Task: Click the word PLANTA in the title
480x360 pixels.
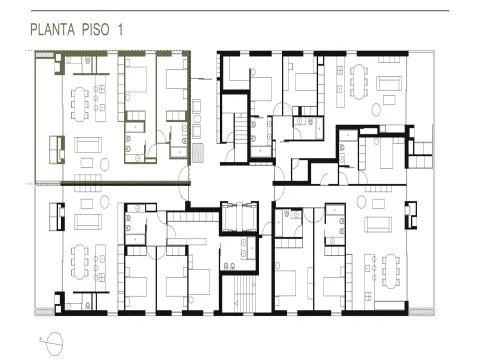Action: point(53,29)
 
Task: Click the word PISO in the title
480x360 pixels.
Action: point(96,29)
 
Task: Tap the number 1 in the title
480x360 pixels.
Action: point(120,29)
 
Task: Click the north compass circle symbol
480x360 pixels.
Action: point(55,344)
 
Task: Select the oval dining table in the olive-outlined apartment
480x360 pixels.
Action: point(80,104)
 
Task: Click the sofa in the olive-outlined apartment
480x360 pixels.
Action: point(88,145)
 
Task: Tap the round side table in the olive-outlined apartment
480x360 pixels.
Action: point(105,164)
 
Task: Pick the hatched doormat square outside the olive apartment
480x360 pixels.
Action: point(198,153)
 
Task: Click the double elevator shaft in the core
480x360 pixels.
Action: point(239,217)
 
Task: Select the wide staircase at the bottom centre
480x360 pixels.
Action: point(245,294)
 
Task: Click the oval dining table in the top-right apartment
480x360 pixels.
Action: point(358,82)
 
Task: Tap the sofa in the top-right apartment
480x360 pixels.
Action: point(389,83)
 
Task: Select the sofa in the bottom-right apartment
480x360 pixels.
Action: point(378,224)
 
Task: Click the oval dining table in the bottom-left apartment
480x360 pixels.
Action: point(80,262)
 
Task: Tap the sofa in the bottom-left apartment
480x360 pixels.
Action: point(88,222)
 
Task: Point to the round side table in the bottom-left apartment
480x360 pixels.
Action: point(105,202)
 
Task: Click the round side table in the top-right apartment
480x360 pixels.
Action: point(376,110)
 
